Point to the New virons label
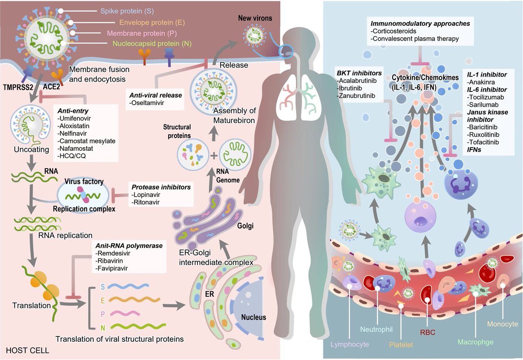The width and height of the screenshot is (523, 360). click(x=255, y=18)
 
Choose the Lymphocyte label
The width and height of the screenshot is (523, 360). click(x=350, y=344)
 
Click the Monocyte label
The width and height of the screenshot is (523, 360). click(x=502, y=324)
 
